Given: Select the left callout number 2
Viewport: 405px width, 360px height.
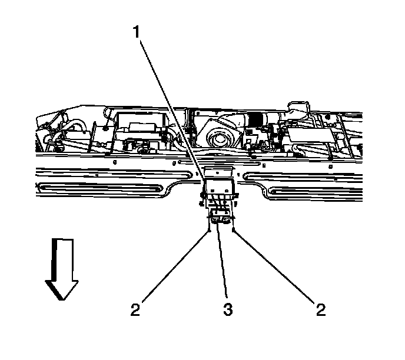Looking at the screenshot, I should [135, 309].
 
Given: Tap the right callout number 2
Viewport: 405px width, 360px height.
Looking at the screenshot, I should [320, 309].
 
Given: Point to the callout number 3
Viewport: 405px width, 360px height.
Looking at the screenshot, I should [227, 309].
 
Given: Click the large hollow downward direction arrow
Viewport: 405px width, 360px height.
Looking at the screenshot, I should [61, 268].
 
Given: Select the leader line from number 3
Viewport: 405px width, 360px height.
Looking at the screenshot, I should [222, 259].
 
